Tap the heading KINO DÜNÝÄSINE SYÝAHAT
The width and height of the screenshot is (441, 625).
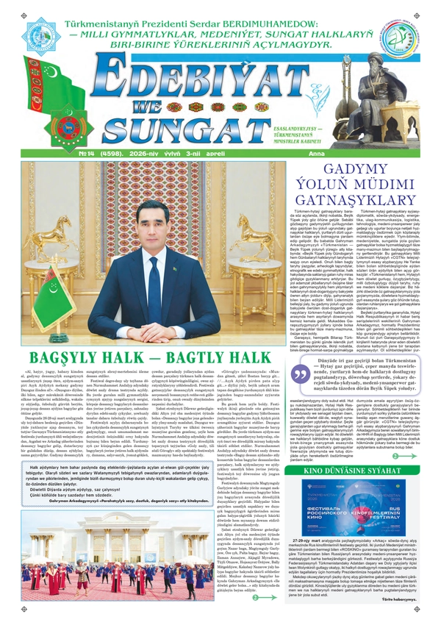[362, 467]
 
